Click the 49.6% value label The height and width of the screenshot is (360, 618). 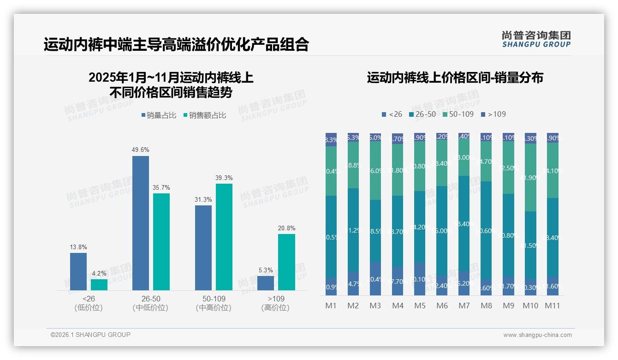(141, 150)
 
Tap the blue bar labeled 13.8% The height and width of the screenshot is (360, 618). (78, 271)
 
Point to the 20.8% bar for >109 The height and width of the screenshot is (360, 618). (286, 262)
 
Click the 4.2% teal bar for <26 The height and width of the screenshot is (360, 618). (99, 284)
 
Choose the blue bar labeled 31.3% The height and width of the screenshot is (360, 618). (203, 247)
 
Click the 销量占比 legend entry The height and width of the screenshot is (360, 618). (159, 115)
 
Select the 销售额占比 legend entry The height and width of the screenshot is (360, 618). (205, 115)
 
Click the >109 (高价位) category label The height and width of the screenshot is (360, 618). (275, 303)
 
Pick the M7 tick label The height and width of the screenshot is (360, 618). (463, 306)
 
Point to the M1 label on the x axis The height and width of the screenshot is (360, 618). (331, 306)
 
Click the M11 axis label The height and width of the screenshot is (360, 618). (552, 306)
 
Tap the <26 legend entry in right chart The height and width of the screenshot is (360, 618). (392, 114)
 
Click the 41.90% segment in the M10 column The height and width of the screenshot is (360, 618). (530, 177)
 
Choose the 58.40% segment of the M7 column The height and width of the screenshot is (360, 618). (464, 223)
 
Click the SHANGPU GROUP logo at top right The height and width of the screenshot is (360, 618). (536, 39)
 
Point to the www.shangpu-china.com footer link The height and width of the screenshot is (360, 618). (537, 335)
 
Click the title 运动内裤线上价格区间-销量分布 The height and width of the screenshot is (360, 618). (455, 78)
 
